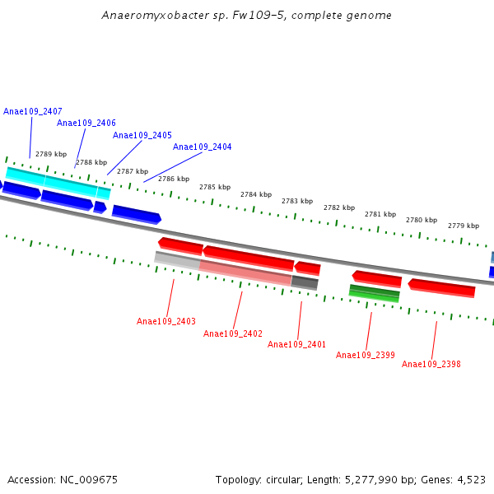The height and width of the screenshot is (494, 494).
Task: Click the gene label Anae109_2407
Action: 33,111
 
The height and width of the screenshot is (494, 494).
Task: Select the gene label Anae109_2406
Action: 86,123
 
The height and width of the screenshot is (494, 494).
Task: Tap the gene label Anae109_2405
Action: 142,135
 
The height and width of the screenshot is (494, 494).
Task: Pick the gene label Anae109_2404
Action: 203,147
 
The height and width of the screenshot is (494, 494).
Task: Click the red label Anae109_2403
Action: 166,321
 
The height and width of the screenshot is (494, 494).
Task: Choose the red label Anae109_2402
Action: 233,333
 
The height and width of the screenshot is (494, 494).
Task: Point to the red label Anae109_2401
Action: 297,344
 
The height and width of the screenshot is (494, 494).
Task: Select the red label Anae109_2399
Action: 366,355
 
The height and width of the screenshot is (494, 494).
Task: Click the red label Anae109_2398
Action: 431,364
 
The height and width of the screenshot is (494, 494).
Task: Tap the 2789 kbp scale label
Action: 51,154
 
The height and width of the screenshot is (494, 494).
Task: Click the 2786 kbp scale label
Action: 174,179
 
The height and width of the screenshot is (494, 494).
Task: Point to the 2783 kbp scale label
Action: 297,201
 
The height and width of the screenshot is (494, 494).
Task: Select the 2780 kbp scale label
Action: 422,220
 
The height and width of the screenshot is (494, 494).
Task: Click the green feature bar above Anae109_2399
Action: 375,292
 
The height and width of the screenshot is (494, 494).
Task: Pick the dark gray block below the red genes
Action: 305,282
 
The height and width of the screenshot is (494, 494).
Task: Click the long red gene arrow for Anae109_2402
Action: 248,258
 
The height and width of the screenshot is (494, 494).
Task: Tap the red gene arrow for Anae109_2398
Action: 442,287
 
